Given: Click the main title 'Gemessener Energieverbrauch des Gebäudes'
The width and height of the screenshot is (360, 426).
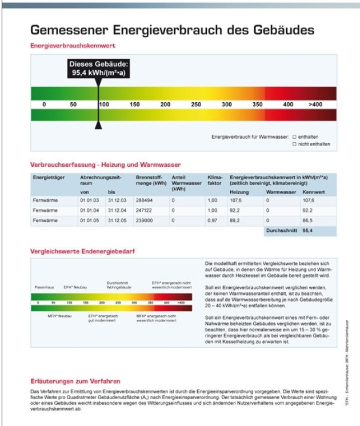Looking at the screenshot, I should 171,29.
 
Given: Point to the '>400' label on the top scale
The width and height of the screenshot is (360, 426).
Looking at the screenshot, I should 315,105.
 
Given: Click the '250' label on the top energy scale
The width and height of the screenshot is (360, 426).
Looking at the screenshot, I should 196,105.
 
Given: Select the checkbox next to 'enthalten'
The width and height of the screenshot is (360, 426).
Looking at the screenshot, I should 294,137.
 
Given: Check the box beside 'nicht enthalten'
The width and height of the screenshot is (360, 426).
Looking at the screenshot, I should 294,144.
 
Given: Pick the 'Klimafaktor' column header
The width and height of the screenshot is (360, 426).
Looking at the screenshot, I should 214,180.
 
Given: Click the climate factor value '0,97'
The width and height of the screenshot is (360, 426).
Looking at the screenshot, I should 213,220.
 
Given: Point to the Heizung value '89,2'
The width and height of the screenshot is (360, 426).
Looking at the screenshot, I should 235,220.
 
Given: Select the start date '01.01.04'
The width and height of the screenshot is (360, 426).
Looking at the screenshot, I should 90,210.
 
